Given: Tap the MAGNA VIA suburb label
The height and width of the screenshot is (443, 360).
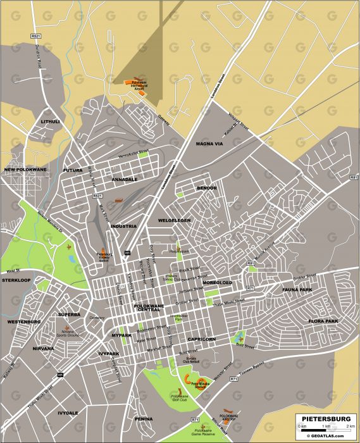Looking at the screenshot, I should (x=209, y=144).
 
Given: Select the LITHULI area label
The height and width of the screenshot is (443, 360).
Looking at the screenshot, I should (x=50, y=121).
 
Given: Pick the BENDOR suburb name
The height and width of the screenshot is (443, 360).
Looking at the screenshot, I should (x=206, y=188).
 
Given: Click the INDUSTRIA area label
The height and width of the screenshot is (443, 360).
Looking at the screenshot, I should (x=123, y=226).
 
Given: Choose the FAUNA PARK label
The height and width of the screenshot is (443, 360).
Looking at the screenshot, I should (x=297, y=290).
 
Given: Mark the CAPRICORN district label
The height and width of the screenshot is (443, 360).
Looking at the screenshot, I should (x=202, y=339).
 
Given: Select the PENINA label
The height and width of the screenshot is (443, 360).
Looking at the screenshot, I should (x=144, y=419).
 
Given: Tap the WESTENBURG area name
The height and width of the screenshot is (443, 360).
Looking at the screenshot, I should (x=24, y=322).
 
